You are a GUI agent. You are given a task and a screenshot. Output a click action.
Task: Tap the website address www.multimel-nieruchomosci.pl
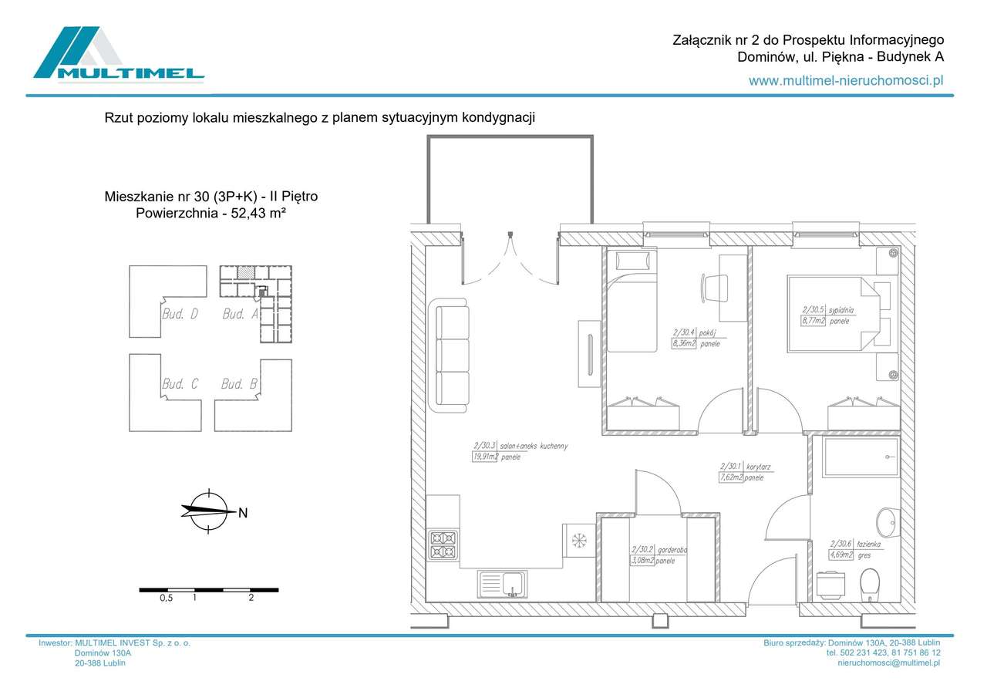click(x=846, y=80)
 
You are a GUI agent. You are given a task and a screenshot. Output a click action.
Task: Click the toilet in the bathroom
click(x=869, y=584)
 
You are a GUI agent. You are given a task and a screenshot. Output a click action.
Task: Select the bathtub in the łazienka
click(x=861, y=458)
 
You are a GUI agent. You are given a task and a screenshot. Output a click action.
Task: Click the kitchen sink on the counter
click(x=502, y=583)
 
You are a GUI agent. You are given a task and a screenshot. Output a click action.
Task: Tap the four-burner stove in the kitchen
click(x=443, y=545)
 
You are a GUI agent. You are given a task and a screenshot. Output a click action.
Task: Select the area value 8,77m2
click(x=813, y=320)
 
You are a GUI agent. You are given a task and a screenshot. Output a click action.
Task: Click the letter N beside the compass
click(x=242, y=512)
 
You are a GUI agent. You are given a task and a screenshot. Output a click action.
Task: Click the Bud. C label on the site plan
click(x=180, y=384)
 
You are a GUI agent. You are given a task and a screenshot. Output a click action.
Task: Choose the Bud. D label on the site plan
click(x=180, y=314)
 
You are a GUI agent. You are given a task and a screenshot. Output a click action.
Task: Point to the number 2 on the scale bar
click(x=251, y=597)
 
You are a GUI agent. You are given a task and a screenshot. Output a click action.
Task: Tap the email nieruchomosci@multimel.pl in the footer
click(x=888, y=663)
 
